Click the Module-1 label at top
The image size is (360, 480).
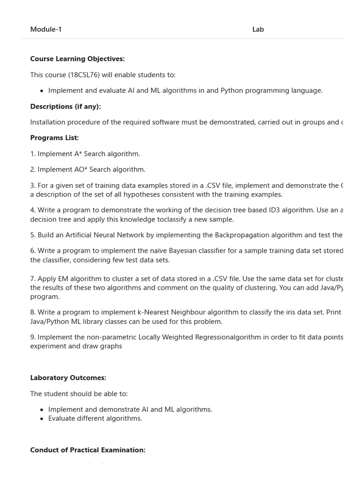pos(46,30)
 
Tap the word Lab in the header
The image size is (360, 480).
pos(258,30)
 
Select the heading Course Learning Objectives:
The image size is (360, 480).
pos(77,59)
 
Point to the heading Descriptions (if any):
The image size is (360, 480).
pos(65,106)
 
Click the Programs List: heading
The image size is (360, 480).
pos(54,138)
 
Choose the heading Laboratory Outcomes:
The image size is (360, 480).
pos(68,378)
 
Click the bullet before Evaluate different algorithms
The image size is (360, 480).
pos(42,419)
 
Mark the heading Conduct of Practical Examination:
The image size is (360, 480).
pos(88,450)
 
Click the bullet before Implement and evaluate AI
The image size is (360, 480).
pos(42,91)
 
